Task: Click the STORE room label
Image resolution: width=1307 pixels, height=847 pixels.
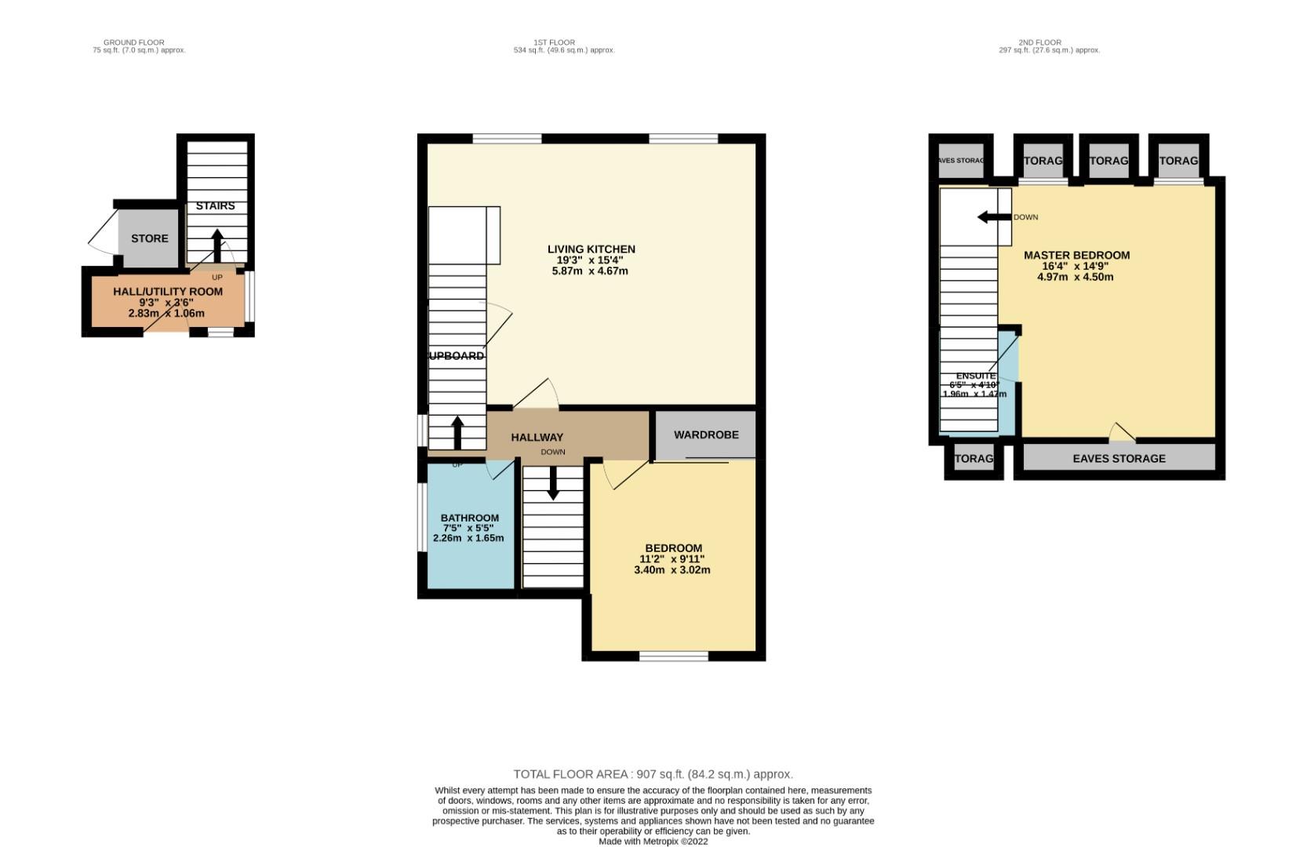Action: click(149, 238)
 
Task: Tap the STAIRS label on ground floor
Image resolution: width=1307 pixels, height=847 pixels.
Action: click(215, 206)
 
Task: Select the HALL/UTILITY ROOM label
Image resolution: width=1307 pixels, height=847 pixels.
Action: click(168, 292)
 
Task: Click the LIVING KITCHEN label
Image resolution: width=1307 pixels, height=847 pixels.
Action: click(591, 249)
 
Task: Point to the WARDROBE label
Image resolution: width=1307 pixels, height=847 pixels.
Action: click(706, 434)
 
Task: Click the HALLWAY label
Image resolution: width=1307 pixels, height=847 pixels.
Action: click(537, 438)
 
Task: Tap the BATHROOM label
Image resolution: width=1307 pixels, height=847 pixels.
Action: click(469, 518)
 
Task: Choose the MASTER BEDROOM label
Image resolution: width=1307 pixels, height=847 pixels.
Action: click(1076, 256)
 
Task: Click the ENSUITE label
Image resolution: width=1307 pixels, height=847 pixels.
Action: click(975, 376)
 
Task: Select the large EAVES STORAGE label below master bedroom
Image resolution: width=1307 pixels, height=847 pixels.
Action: click(1119, 459)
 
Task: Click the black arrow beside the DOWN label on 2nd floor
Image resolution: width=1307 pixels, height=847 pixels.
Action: click(993, 217)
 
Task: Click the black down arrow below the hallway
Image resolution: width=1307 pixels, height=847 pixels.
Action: click(553, 483)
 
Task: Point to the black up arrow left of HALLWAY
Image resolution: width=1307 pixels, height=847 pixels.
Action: click(457, 432)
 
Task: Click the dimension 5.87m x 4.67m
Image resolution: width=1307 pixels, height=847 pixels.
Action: click(590, 271)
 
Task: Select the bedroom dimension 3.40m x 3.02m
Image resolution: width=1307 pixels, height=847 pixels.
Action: click(672, 570)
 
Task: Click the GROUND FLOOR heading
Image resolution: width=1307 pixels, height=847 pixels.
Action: click(133, 42)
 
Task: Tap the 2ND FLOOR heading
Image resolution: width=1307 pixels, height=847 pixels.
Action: click(1039, 42)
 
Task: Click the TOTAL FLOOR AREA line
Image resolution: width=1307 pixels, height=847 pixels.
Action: click(653, 774)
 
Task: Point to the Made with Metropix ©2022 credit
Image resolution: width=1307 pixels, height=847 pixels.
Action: click(653, 841)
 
